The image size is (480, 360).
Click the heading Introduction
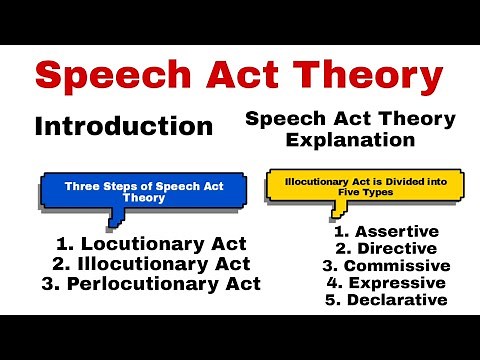pyautogui.click(x=123, y=127)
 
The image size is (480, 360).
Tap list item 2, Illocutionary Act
pyautogui.click(x=140, y=264)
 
